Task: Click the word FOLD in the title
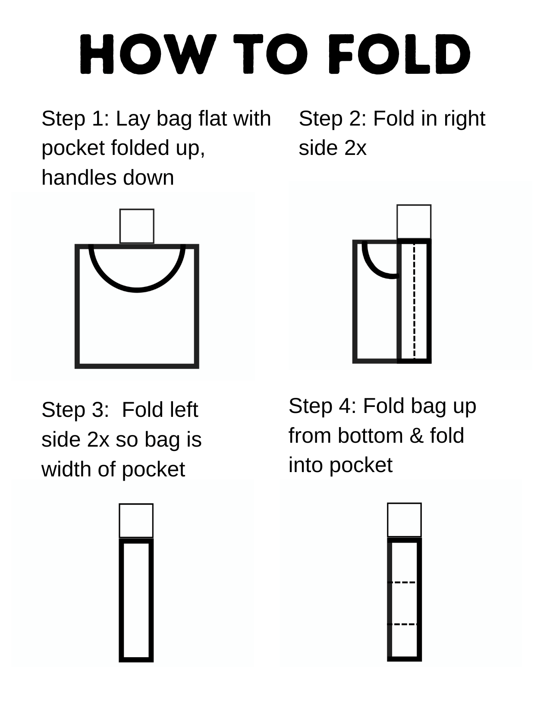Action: pos(399,54)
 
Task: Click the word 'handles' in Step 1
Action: pos(79,177)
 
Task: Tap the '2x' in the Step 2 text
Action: pos(355,148)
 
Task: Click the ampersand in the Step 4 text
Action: pos(416,436)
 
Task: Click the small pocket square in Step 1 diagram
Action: pos(137,226)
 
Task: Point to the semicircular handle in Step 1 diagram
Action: pos(137,290)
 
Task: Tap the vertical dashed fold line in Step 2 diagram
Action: pos(415,300)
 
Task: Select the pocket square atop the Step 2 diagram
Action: pos(414,222)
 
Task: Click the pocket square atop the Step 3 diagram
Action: pos(136,520)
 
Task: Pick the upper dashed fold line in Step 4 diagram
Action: pos(402,582)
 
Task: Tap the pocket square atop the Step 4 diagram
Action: pos(405,520)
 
